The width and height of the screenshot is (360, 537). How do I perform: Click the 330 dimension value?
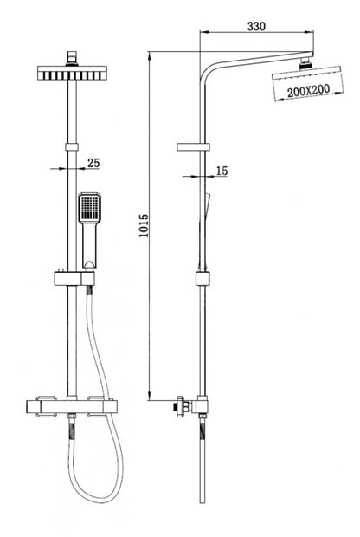(x=255, y=26)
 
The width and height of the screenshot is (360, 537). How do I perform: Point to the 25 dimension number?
(x=93, y=163)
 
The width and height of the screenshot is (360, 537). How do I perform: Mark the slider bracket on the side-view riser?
(x=204, y=279)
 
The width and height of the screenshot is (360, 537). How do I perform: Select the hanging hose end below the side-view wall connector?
(x=204, y=468)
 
